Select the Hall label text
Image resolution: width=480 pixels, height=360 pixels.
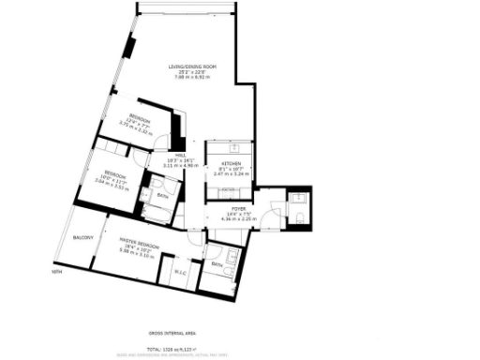pyautogui.click(x=181, y=155)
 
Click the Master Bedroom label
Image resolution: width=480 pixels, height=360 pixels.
pyautogui.click(x=139, y=245)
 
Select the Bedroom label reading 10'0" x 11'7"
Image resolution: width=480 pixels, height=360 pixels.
pyautogui.click(x=114, y=173)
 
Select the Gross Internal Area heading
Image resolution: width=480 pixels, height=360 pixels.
pyautogui.click(x=172, y=333)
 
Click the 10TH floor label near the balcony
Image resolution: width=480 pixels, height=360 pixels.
pyautogui.click(x=56, y=273)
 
